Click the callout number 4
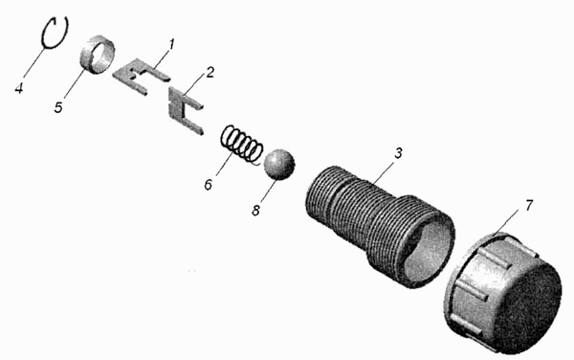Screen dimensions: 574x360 click(19, 88)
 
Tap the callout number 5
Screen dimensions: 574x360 click(58, 107)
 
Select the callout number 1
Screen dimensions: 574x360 click(171, 44)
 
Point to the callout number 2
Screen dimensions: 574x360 click(209, 72)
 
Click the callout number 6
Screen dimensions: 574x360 click(209, 184)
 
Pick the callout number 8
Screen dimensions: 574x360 click(255, 211)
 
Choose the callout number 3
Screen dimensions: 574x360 click(398, 153)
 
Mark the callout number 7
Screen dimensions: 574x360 click(529, 206)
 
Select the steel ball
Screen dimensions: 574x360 click(279, 164)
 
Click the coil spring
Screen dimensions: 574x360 click(242, 144)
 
